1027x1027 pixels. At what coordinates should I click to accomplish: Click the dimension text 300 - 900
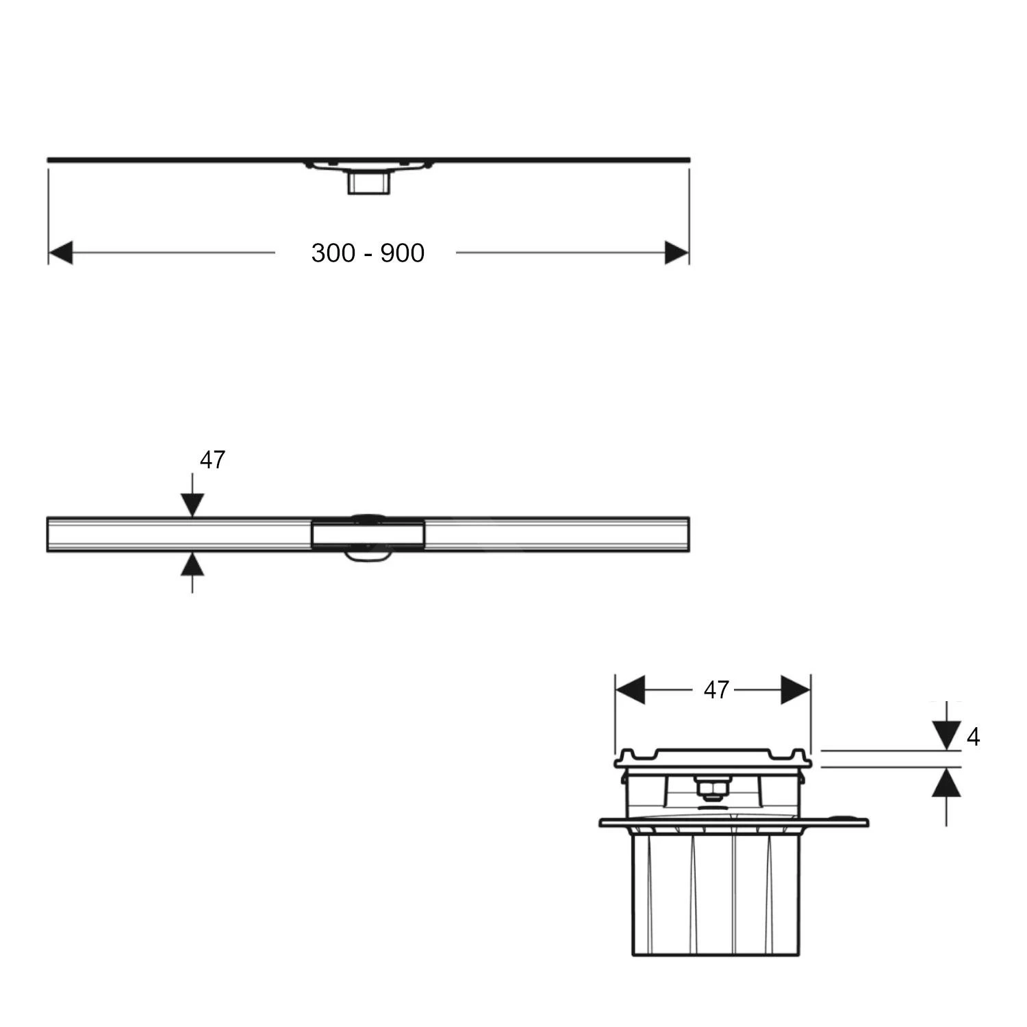point(368,253)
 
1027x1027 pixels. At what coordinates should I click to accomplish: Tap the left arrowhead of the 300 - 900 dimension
point(61,253)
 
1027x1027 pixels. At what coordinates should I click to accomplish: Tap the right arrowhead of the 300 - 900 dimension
point(676,253)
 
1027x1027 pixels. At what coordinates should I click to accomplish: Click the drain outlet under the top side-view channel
point(368,182)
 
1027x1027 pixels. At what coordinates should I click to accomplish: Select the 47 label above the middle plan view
point(212,460)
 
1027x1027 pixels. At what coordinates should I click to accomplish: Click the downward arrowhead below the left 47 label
point(192,505)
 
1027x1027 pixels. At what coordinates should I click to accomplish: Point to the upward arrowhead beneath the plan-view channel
point(192,563)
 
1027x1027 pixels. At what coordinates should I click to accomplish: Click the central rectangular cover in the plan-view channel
point(368,534)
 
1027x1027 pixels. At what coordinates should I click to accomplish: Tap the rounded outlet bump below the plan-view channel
point(369,555)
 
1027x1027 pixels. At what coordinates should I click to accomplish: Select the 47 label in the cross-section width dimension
point(716,690)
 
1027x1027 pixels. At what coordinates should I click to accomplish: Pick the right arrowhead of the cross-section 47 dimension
point(796,690)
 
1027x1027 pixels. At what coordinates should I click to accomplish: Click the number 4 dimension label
point(973,737)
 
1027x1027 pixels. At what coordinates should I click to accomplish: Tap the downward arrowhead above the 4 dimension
point(946,737)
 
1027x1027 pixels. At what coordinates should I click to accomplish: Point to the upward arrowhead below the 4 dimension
point(946,782)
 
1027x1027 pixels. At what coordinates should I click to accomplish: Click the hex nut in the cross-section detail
point(712,789)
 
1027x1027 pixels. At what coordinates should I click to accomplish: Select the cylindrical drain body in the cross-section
point(715,890)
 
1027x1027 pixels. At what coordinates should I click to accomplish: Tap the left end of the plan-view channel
point(49,534)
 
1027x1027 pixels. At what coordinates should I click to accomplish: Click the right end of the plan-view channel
point(687,534)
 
